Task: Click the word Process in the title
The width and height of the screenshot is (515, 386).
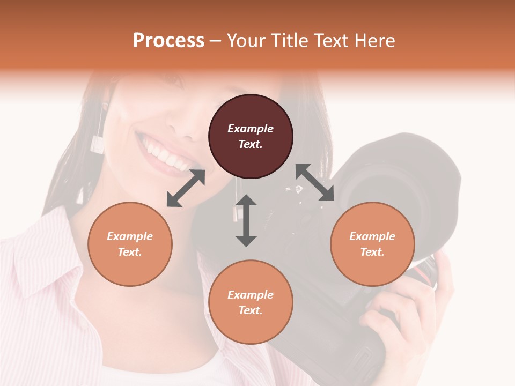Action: (168, 41)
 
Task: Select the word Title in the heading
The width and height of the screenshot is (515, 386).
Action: (287, 41)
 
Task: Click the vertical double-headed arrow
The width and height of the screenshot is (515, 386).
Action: (246, 220)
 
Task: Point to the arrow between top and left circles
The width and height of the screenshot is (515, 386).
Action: (186, 188)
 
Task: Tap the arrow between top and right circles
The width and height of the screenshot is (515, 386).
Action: (315, 182)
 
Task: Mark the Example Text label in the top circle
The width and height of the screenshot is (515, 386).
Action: (251, 136)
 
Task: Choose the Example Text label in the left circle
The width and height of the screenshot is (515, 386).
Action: (130, 244)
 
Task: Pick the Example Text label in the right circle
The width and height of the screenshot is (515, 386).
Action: (372, 244)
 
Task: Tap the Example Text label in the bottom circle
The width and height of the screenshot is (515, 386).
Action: (251, 302)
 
